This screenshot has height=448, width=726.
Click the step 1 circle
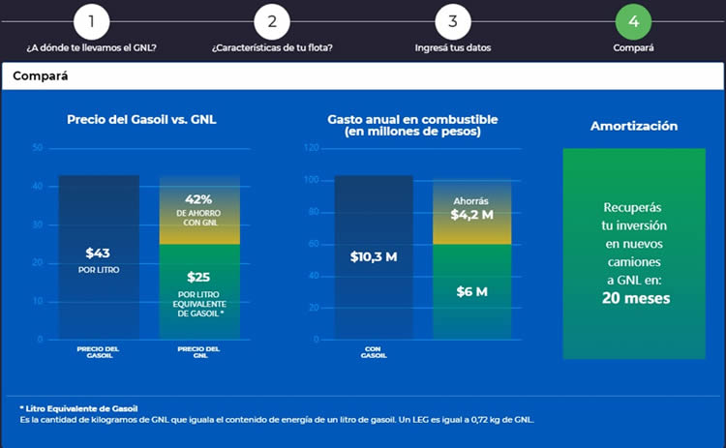[x=91, y=21]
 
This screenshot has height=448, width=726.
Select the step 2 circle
[x=272, y=21]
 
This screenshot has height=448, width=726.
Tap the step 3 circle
[x=453, y=21]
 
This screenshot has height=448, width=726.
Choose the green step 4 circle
[x=633, y=21]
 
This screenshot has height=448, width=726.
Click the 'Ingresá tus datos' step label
[x=453, y=46]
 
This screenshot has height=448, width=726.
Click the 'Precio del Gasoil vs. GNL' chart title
[x=141, y=119]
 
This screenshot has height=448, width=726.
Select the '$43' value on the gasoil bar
[x=99, y=253]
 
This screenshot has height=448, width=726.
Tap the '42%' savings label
[x=198, y=198]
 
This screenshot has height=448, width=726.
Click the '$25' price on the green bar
[x=198, y=276]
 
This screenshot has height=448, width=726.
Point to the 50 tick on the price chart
[x=38, y=148]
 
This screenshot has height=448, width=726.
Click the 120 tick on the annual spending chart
[x=312, y=148]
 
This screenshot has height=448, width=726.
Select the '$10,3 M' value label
[x=374, y=256]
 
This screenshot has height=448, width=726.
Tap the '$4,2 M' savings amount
[x=471, y=214]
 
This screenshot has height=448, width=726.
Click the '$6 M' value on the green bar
[x=471, y=290]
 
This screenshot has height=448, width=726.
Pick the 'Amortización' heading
[x=634, y=126]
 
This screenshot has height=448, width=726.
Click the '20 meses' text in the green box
[x=635, y=299]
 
